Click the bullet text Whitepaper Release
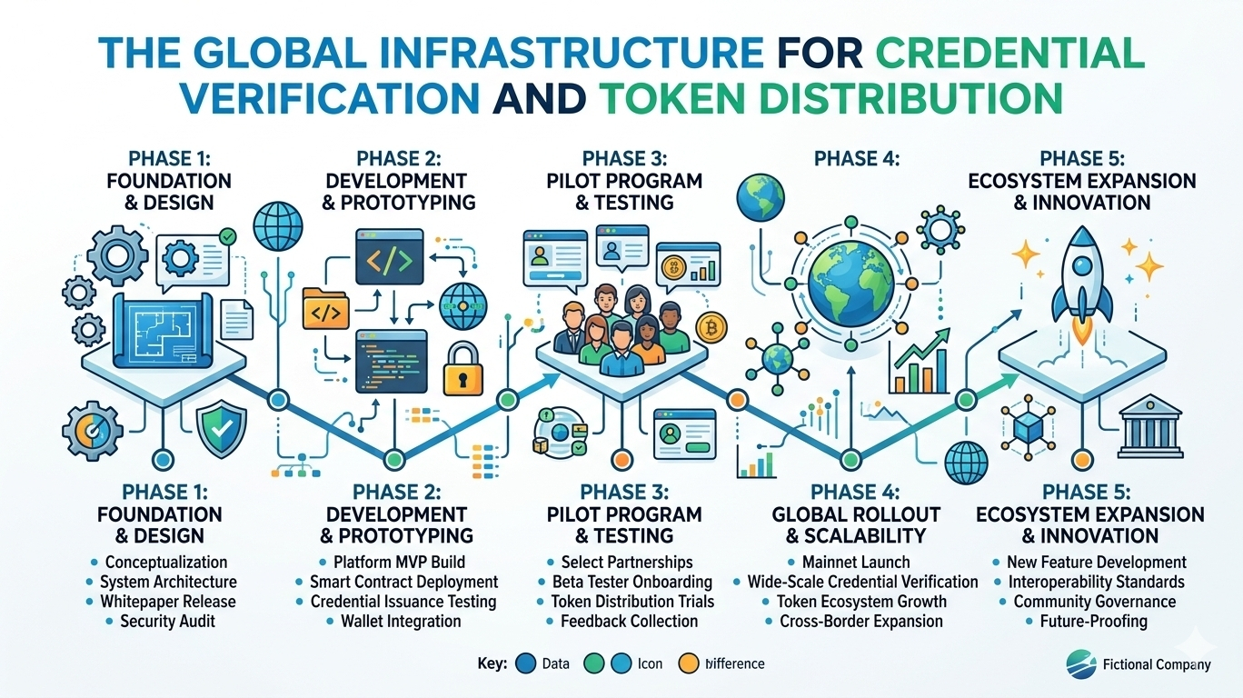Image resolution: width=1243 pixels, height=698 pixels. coord(168,602)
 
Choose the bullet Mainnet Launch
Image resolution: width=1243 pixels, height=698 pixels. coord(855,563)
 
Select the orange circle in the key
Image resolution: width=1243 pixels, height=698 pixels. coord(690,663)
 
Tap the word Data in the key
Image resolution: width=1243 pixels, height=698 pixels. coord(555,663)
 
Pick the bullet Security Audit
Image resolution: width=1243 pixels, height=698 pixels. coord(168,622)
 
